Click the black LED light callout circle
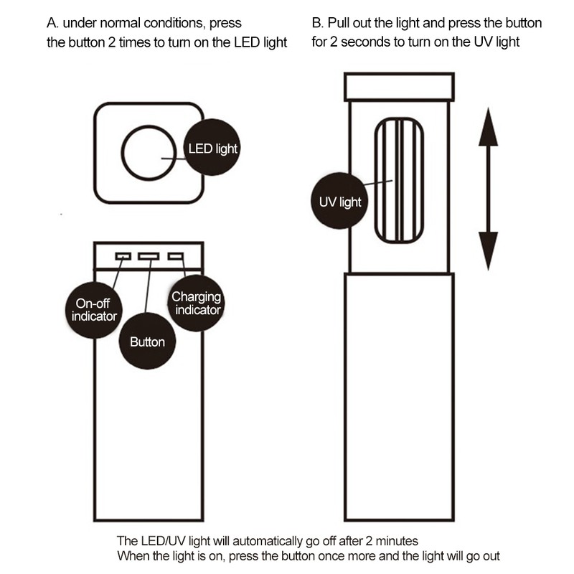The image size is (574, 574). [x=212, y=149]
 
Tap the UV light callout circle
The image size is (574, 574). [x=339, y=202]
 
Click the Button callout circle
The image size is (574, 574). [x=147, y=342]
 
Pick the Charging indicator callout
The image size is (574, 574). [x=196, y=304]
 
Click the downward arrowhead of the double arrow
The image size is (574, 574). [x=488, y=251]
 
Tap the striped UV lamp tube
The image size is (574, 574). [x=399, y=180]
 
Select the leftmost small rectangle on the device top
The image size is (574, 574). [x=123, y=256]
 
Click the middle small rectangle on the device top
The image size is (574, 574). [x=149, y=256]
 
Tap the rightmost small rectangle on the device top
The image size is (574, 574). [x=175, y=256]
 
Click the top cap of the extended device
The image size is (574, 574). [x=399, y=86]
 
